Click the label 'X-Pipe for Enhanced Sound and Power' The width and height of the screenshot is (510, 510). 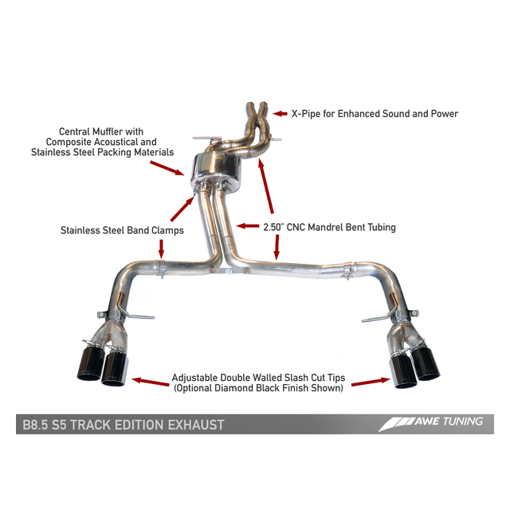(374, 114)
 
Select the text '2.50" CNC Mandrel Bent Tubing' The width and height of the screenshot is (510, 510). (329, 227)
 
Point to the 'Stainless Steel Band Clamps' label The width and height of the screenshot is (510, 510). (122, 230)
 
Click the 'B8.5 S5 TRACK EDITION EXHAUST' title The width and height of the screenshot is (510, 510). (120, 424)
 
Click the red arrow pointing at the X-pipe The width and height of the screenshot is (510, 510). (279, 113)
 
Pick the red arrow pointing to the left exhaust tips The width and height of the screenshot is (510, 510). (147, 382)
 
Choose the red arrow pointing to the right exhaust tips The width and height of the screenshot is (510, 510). (365, 382)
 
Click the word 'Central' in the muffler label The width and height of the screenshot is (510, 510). (76, 131)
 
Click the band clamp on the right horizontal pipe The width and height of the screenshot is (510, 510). (347, 273)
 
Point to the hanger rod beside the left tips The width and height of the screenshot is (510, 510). (139, 319)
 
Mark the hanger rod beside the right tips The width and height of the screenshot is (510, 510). (375, 320)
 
